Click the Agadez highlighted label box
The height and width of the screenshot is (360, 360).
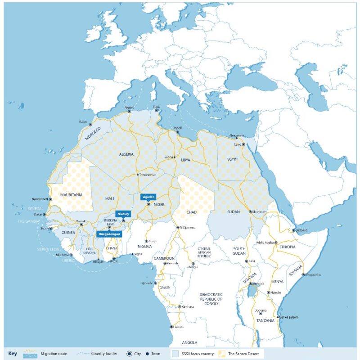tap(148, 197)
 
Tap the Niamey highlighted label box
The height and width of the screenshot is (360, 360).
tap(122, 214)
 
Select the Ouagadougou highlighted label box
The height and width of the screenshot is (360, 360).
tap(109, 234)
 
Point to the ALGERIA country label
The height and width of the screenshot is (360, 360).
tap(126, 154)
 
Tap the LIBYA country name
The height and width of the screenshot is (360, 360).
tap(185, 160)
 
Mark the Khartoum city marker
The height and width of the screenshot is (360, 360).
tap(250, 211)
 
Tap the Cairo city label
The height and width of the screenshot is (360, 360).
tap(238, 144)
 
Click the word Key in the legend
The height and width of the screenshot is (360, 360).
tap(13, 354)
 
